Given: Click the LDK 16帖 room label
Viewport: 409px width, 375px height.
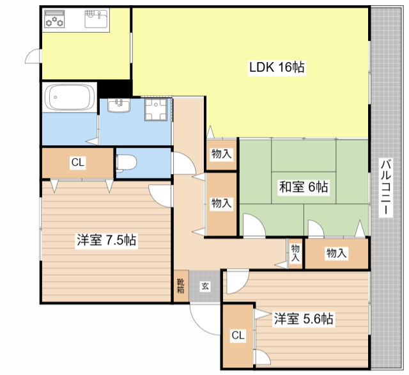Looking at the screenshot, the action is (x=277, y=67).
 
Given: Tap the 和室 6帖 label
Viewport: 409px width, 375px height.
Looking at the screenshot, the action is (x=304, y=187).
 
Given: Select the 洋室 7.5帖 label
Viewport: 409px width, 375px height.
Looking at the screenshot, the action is (x=107, y=240).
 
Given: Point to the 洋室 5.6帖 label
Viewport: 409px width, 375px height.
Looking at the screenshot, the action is (x=304, y=319).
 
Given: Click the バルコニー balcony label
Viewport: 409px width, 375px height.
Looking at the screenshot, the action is (x=386, y=187).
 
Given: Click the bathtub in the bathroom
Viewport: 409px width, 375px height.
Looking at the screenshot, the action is (x=70, y=97).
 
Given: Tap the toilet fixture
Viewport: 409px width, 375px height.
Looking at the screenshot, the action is (x=126, y=163).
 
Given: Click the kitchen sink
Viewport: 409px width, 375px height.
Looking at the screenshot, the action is (x=96, y=19).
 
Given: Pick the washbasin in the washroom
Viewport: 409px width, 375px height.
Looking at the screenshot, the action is (x=119, y=106).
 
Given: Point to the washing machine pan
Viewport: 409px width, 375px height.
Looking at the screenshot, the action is (x=156, y=109).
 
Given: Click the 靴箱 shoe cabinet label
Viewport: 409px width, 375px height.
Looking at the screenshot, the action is (x=180, y=285).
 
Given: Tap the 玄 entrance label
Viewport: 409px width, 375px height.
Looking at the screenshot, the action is (x=205, y=286).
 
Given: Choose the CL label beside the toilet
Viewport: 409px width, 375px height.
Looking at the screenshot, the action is (x=78, y=163).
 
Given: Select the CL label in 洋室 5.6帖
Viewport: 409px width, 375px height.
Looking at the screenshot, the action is (x=238, y=335).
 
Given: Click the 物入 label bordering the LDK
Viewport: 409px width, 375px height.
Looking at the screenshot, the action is (x=222, y=154).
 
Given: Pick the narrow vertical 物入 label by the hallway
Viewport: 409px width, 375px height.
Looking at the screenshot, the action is (x=295, y=253).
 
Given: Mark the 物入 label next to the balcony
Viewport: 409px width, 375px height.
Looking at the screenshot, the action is (x=337, y=253).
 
